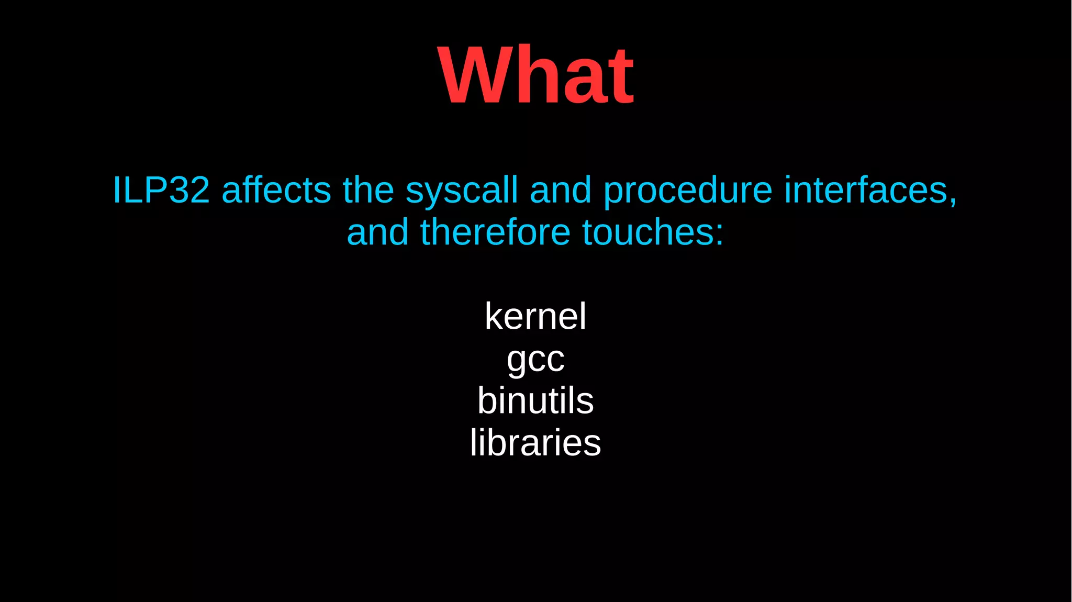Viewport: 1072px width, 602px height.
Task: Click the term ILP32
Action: click(161, 189)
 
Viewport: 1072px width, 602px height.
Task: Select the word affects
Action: click(276, 189)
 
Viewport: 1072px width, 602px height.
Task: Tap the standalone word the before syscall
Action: click(368, 189)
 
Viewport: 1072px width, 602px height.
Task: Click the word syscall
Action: click(462, 192)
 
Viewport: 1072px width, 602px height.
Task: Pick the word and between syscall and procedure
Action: click(561, 189)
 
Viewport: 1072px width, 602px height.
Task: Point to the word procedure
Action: click(688, 192)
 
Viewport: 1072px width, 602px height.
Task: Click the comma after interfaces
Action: click(953, 201)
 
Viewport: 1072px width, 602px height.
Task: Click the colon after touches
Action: click(720, 236)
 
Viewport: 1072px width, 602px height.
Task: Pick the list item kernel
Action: click(535, 316)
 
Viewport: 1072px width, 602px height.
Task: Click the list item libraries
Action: click(535, 443)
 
